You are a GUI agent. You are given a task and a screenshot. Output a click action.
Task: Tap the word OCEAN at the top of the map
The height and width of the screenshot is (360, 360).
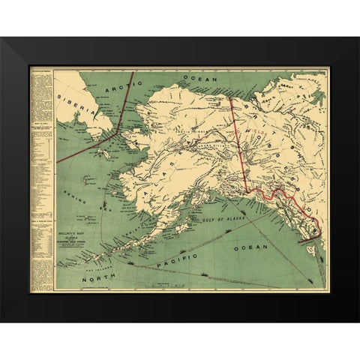[x=199, y=78]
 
